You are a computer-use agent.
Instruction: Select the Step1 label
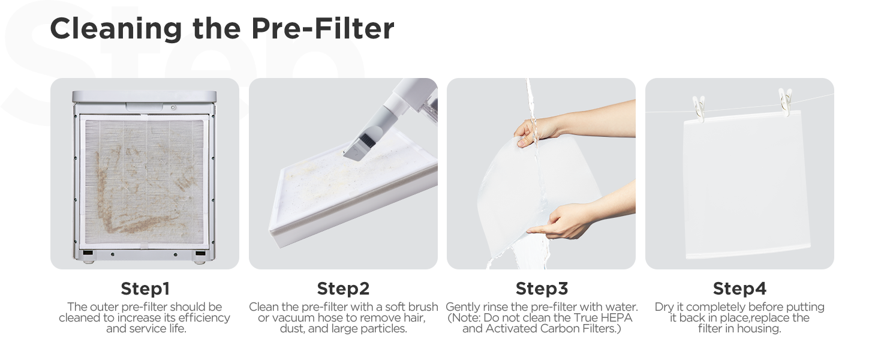(x=145, y=289)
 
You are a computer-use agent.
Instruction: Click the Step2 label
(x=343, y=289)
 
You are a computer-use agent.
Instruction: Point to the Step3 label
(x=541, y=289)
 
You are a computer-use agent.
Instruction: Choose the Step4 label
(x=739, y=289)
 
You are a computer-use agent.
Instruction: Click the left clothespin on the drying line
(x=699, y=107)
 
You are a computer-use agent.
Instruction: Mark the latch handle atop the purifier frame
(x=144, y=107)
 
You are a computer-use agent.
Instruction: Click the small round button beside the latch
(x=173, y=107)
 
